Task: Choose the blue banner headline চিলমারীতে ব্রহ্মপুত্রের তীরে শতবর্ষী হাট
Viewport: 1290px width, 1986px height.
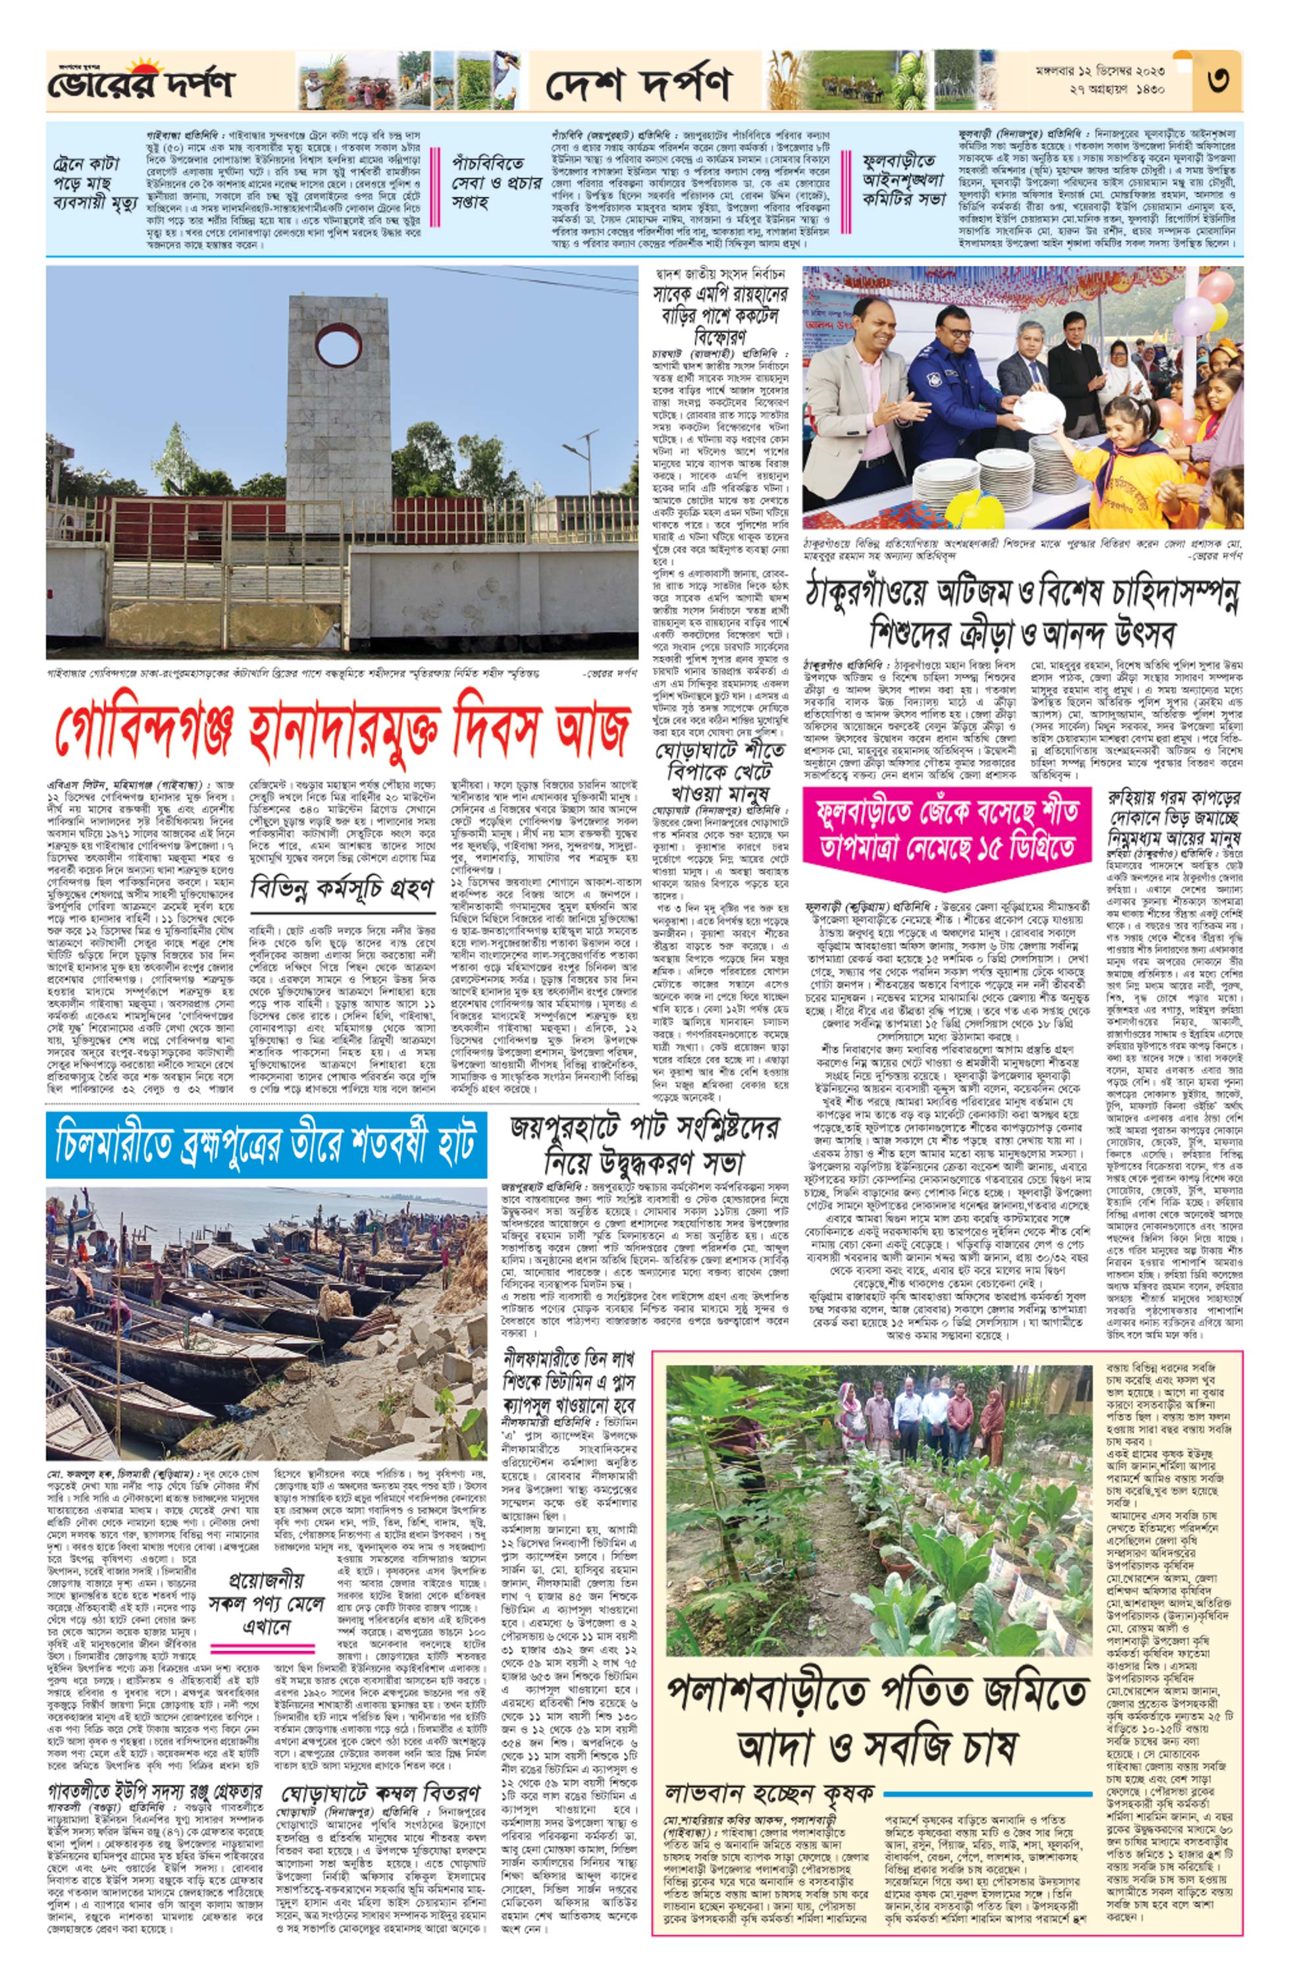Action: tap(265, 1139)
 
